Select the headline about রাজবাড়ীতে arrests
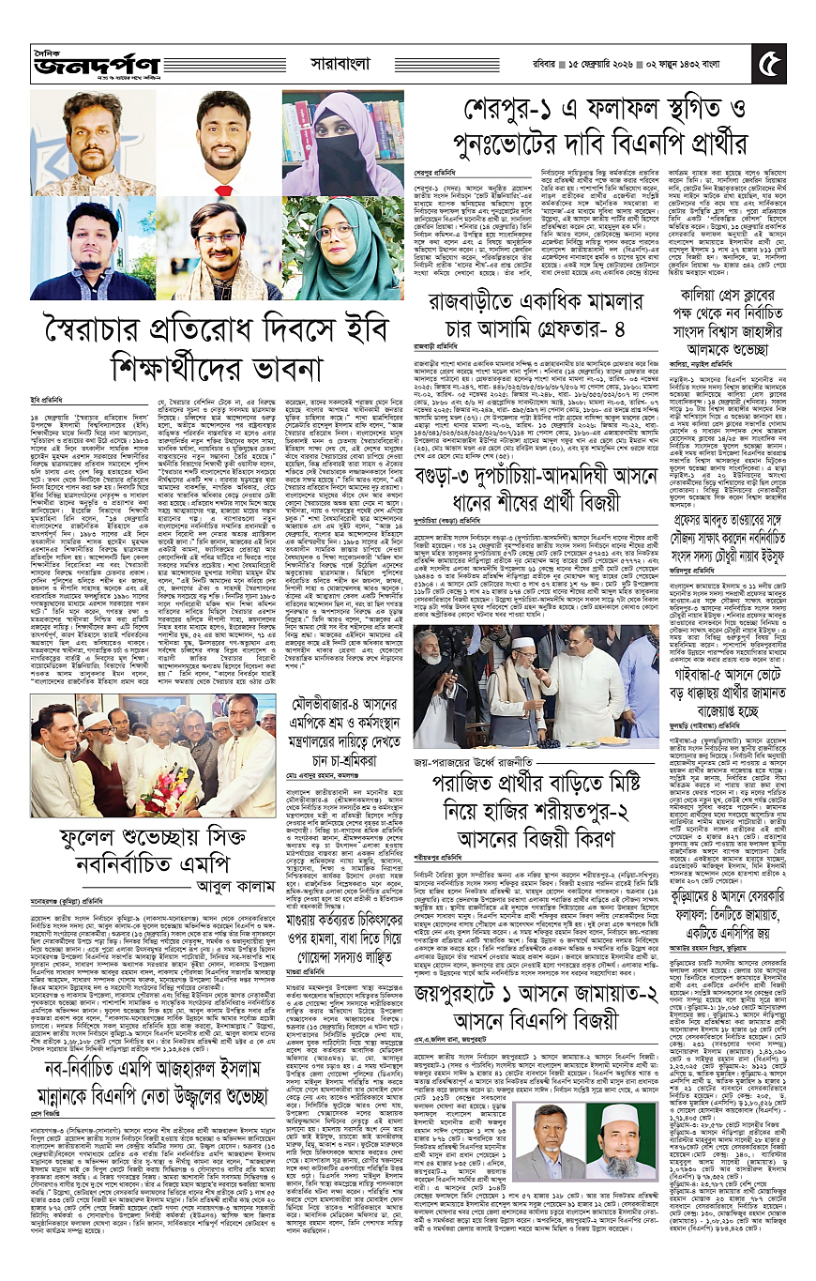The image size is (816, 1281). point(542,317)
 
